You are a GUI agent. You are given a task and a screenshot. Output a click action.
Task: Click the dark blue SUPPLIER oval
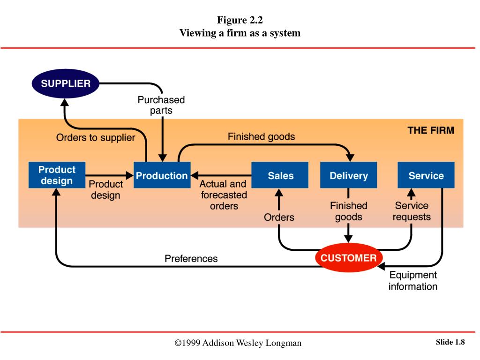tap(66, 83)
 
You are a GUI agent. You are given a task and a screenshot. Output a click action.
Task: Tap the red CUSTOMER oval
tap(349, 257)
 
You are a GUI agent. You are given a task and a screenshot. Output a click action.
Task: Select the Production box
tap(162, 175)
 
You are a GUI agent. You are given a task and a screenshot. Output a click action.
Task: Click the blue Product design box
tap(57, 175)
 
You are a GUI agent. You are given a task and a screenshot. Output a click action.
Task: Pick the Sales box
tap(280, 175)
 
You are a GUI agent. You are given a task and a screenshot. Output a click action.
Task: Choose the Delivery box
tap(349, 175)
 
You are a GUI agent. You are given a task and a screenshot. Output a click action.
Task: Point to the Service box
tap(426, 175)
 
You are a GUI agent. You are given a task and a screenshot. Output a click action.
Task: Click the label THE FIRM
tap(431, 130)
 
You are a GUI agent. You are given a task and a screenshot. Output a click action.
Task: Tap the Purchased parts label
tap(161, 105)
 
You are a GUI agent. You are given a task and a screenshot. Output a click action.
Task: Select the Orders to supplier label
tap(96, 138)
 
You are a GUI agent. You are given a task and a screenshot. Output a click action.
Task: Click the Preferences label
tap(191, 259)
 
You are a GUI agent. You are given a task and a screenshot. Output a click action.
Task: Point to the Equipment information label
tap(413, 281)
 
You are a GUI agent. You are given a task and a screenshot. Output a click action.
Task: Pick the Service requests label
tap(412, 211)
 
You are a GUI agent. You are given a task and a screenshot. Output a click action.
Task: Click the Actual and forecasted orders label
tap(224, 195)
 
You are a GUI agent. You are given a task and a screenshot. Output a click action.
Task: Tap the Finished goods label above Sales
tap(261, 136)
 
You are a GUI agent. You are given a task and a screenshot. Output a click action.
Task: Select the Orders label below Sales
tap(279, 217)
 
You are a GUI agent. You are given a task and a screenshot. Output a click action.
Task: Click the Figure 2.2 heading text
tap(240, 20)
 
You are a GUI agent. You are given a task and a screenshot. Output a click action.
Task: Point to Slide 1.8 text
tap(450, 342)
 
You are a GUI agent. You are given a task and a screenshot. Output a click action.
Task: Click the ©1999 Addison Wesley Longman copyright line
tap(238, 343)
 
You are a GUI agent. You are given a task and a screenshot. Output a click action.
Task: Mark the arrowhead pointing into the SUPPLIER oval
tap(65, 102)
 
